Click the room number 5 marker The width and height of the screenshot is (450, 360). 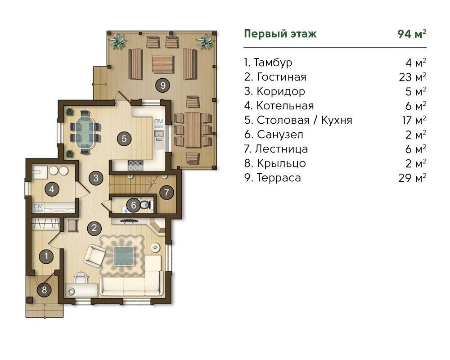[124, 139]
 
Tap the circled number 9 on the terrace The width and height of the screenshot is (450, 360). [163, 85]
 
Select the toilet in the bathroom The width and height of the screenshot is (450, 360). [146, 205]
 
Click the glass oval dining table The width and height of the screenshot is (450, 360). [85, 133]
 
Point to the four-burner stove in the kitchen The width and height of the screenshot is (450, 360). [135, 165]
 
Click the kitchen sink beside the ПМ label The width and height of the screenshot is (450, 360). [159, 135]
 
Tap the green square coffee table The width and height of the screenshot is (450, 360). [124, 256]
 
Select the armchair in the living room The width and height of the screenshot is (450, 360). [94, 256]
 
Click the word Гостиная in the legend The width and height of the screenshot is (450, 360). [282, 77]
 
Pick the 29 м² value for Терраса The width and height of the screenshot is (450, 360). [412, 178]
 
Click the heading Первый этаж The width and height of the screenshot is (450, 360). [280, 34]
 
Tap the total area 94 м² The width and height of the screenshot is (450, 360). [412, 34]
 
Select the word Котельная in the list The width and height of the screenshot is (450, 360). [285, 106]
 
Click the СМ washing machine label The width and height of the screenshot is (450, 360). [38, 207]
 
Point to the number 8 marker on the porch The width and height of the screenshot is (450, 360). [44, 289]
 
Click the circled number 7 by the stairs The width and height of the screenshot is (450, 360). [166, 192]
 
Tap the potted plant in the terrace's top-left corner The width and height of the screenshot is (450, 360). [118, 42]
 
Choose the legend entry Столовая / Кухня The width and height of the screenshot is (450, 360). [304, 120]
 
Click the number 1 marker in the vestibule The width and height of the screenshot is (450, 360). [46, 256]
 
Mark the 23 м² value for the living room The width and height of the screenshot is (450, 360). [412, 77]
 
